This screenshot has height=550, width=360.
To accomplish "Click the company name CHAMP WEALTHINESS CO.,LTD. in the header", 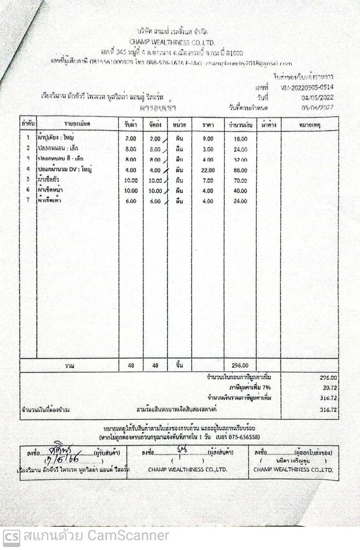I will [x=172, y=43].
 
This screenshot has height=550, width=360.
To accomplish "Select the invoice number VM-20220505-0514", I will [x=307, y=88].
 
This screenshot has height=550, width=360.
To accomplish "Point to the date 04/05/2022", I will [x=318, y=97].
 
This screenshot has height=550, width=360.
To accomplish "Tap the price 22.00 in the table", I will [x=208, y=170].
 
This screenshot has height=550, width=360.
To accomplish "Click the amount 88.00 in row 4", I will [x=240, y=170].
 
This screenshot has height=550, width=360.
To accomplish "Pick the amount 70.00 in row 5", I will [x=240, y=181].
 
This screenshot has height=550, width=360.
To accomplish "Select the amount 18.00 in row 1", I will [x=240, y=139].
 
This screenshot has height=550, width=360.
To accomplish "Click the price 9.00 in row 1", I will [x=208, y=139].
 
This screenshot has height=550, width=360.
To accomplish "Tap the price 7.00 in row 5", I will [x=208, y=181].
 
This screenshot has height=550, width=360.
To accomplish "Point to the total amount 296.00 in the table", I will [x=240, y=365].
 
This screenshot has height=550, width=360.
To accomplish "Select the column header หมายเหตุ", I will [x=309, y=125].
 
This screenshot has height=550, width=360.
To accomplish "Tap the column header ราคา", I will [x=208, y=125].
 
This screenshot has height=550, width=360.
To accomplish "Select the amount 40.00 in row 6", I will [x=240, y=191].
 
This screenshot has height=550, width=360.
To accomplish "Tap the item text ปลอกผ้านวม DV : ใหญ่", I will [x=65, y=170].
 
